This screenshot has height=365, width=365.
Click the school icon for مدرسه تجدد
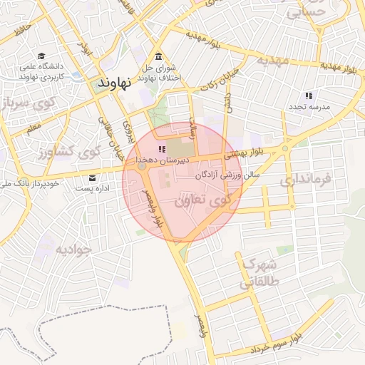coord(309,95)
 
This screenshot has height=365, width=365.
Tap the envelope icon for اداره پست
coord(91,178)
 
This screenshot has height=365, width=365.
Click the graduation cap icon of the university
coord(42,56)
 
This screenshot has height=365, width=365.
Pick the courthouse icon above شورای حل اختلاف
coord(158,57)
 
